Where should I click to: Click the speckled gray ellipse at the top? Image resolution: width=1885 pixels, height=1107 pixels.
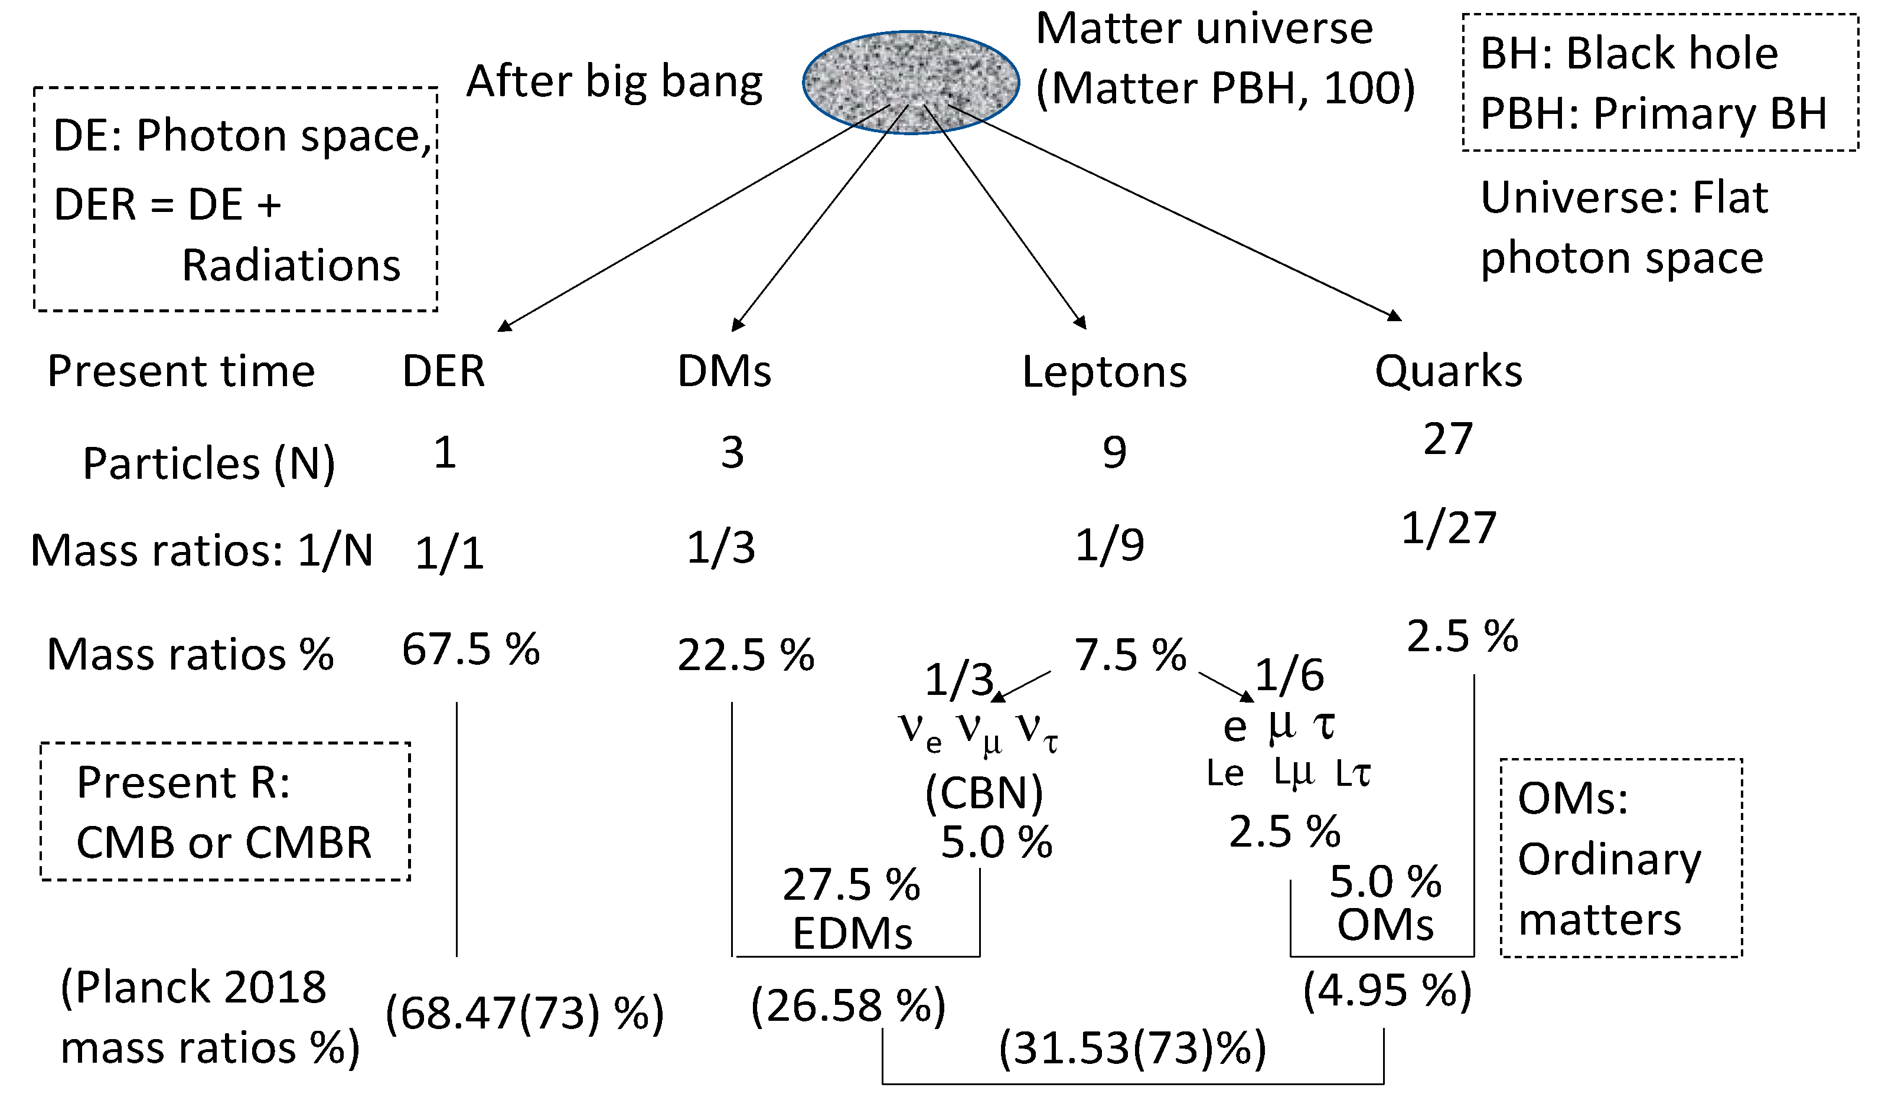pyautogui.click(x=911, y=82)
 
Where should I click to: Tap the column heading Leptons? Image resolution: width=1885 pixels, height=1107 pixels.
pyautogui.click(x=1104, y=372)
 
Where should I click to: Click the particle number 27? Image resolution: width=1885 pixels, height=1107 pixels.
pyautogui.click(x=1448, y=439)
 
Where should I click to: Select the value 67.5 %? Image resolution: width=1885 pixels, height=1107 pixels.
pyautogui.click(x=471, y=649)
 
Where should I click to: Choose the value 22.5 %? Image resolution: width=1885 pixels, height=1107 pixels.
pyautogui.click(x=745, y=656)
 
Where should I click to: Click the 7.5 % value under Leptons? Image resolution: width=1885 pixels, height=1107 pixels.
pyautogui.click(x=1130, y=655)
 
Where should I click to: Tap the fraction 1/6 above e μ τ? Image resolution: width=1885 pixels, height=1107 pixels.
pyautogui.click(x=1289, y=675)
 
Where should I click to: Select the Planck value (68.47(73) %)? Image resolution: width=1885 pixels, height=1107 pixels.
pyautogui.click(x=524, y=1014)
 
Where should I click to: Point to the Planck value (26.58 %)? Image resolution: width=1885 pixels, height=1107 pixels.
pyautogui.click(x=847, y=1005)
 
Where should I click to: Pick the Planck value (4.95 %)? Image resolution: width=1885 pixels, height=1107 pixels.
pyautogui.click(x=1387, y=991)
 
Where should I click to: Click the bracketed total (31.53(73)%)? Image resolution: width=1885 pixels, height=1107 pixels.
pyautogui.click(x=1133, y=1048)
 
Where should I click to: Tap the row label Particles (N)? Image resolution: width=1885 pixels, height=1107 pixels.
pyautogui.click(x=208, y=463)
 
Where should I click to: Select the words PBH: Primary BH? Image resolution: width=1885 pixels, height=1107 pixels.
pyautogui.click(x=1653, y=114)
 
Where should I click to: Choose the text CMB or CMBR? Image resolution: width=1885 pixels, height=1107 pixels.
pyautogui.click(x=224, y=843)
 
